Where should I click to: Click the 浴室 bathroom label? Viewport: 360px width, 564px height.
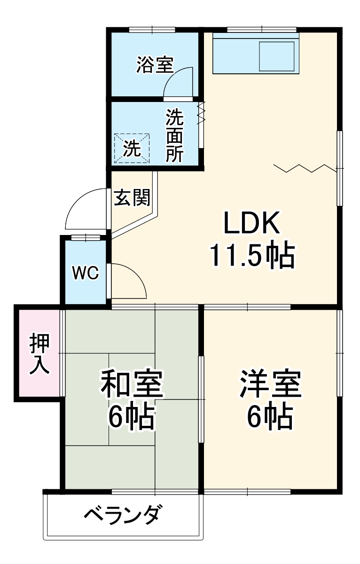pos(155,64)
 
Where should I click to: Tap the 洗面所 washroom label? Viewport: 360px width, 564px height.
pos(174,136)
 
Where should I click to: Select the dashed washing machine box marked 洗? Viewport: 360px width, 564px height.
pos(132,149)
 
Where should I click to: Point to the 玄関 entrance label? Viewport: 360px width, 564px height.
pos(132,197)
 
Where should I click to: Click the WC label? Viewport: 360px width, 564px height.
pos(85,273)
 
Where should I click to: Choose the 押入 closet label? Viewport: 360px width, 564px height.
pos(39,353)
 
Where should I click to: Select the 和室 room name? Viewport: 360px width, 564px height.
pos(132,384)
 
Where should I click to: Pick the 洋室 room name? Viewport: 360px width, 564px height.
pos(271,384)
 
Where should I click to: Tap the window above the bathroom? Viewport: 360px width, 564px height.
pos(152,30)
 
